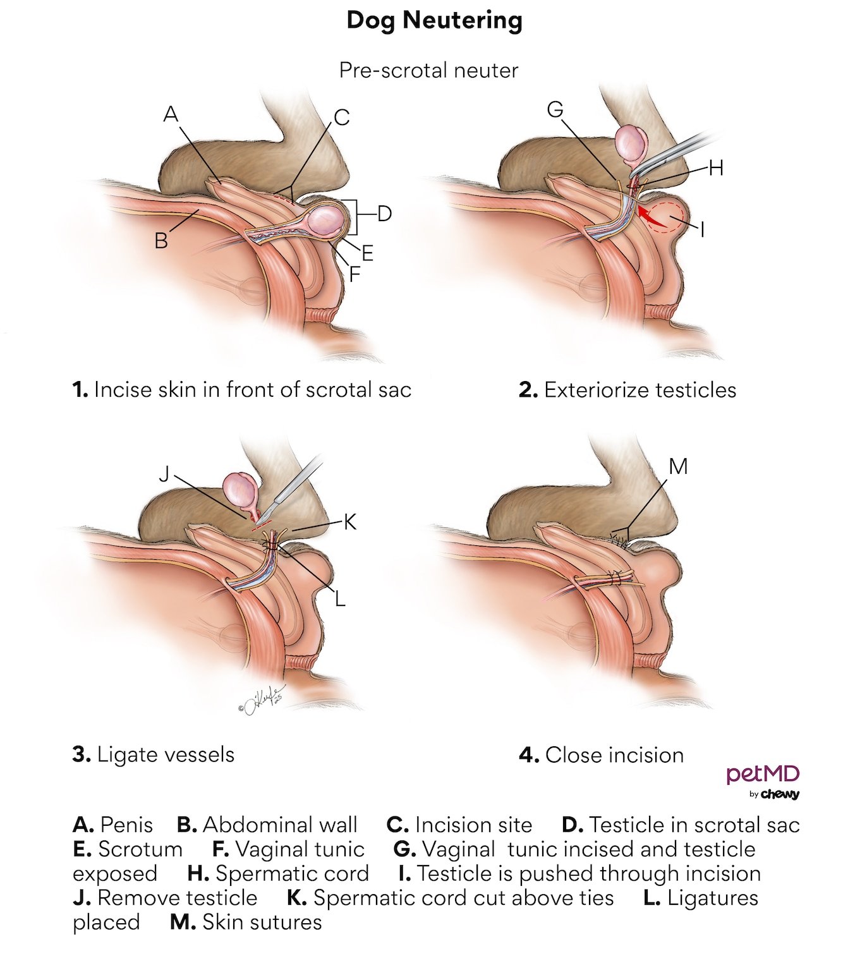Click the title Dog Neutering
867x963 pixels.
pos(434,20)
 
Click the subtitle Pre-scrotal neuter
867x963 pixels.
pos(428,70)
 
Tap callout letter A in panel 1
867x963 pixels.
pos(171,114)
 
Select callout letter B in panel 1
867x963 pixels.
pos(161,241)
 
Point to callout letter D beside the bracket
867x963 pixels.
pos(384,214)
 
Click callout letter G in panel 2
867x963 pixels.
pos(555,110)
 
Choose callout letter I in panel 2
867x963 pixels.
pos(703,229)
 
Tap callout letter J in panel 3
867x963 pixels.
pos(164,474)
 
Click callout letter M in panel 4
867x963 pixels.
pos(678,467)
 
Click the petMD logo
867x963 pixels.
pos(763,781)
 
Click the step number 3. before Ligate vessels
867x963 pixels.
pos(82,754)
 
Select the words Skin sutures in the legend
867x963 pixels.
pos(262,922)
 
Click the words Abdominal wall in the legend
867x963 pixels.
pos(280,825)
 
